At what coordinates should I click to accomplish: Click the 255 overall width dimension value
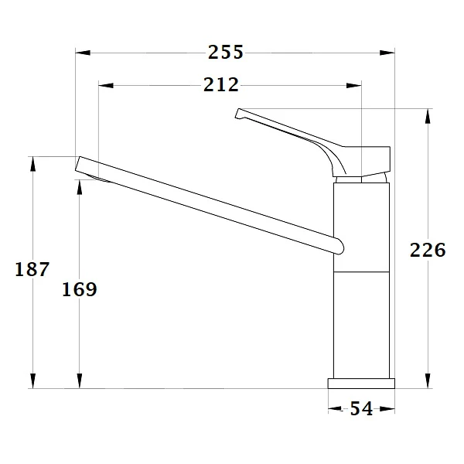[226, 52]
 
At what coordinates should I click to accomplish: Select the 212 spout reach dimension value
[221, 84]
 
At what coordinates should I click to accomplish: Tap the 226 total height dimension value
[428, 251]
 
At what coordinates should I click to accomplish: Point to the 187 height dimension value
[32, 269]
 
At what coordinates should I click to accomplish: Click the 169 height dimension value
[80, 289]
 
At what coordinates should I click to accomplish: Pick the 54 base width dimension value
[361, 409]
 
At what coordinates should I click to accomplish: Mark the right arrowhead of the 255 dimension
[388, 53]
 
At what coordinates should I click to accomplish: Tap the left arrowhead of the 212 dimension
[107, 85]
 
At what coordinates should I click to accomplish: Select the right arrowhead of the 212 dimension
[354, 85]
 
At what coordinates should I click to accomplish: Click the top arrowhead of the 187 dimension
[32, 164]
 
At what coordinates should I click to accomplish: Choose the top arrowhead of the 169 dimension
[79, 187]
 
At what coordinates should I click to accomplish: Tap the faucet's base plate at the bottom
[361, 383]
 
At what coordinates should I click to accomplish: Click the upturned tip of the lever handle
[239, 114]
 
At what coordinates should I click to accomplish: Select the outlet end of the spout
[80, 164]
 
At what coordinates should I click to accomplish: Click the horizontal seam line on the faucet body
[361, 271]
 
